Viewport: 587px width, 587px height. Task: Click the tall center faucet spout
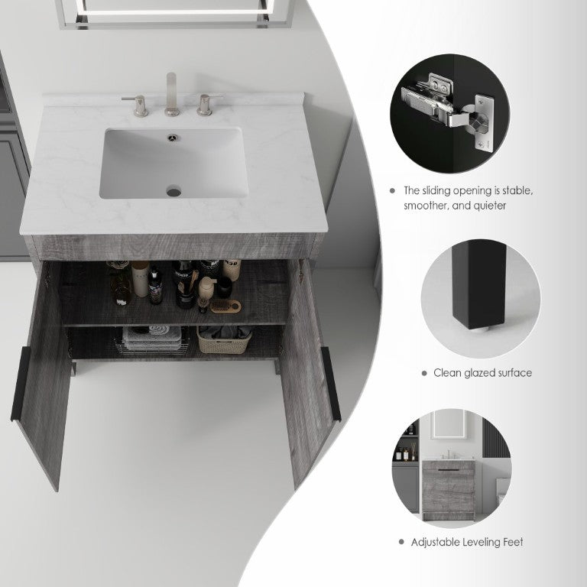pos(171,93)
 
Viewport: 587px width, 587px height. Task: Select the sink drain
pos(174,192)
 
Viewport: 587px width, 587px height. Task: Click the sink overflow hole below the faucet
pos(173,138)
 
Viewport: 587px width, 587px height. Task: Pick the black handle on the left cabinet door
pos(20,384)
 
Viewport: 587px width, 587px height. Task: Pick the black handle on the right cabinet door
pos(331,384)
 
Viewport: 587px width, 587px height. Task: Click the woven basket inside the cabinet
pos(224,339)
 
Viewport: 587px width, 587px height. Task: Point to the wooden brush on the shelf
pos(225,306)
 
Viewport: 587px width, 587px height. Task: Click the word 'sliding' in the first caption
pos(437,190)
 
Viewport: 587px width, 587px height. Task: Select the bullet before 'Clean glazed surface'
pos(424,373)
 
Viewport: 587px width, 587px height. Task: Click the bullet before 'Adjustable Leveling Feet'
pos(402,542)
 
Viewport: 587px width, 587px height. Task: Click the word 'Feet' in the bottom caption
pos(514,542)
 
